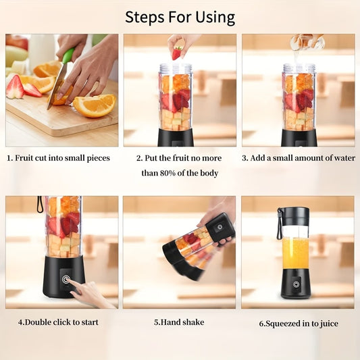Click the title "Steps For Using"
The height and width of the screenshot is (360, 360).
tap(180, 17)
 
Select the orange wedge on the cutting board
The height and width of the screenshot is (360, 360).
tap(94, 105)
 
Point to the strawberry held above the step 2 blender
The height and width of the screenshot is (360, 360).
tap(177, 51)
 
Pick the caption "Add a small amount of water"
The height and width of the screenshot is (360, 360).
tap(299, 158)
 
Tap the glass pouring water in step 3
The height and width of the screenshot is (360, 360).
tap(306, 43)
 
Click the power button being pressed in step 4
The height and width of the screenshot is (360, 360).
tap(66, 278)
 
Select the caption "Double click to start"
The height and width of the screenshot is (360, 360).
tap(58, 322)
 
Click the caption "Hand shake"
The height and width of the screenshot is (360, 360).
tap(179, 322)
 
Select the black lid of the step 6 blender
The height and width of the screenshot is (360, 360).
tap(295, 216)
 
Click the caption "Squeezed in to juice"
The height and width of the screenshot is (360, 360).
tap(299, 324)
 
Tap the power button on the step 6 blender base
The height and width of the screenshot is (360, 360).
tap(295, 284)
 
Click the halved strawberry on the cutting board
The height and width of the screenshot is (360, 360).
tap(15, 88)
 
